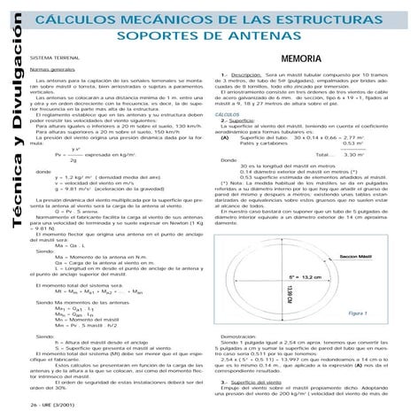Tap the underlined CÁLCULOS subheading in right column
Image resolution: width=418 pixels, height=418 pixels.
pyautogui.click(x=228, y=115)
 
